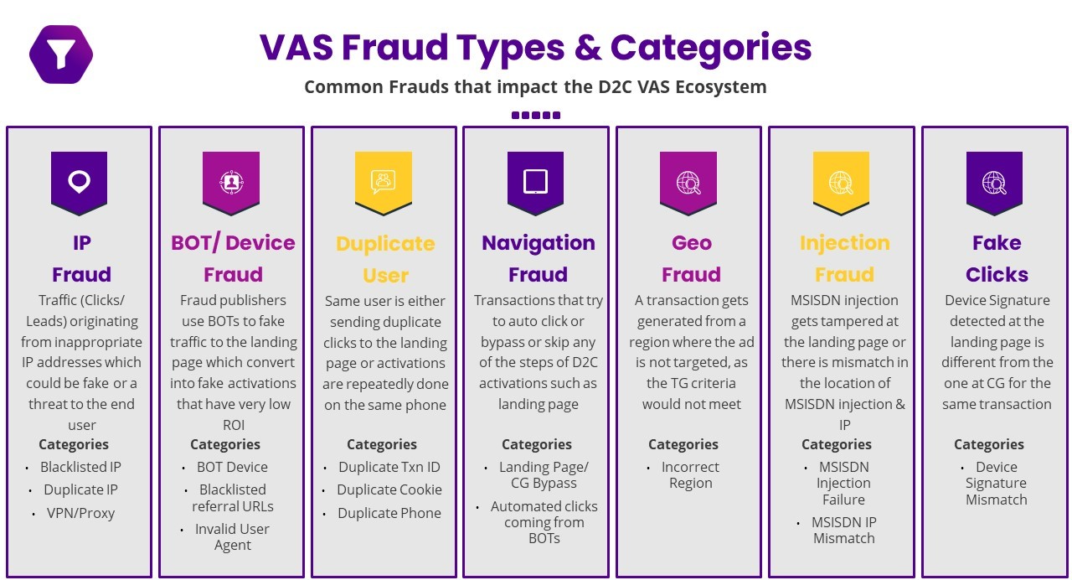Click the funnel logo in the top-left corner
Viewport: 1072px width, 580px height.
tap(60, 54)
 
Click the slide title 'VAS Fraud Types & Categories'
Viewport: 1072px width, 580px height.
tap(535, 48)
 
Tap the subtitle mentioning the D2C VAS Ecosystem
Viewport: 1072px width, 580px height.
tap(535, 86)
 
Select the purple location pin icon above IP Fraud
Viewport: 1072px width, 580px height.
tap(79, 180)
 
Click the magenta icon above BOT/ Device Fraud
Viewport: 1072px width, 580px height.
tap(231, 180)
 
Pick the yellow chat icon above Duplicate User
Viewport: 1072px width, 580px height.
tap(384, 180)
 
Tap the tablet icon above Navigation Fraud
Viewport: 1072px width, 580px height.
tap(535, 180)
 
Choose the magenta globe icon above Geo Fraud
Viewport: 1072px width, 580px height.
tap(688, 180)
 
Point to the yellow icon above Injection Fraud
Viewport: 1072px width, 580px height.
tap(841, 180)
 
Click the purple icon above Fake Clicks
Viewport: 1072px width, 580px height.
tap(994, 180)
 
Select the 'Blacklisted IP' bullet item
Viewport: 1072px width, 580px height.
tap(80, 467)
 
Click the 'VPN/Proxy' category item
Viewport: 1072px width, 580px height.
tap(80, 513)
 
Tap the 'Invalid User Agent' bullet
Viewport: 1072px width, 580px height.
tap(232, 537)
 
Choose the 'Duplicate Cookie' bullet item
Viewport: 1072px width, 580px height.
tap(389, 489)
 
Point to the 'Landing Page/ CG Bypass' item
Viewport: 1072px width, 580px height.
tap(544, 474)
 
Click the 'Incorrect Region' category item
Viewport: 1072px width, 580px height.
tap(690, 475)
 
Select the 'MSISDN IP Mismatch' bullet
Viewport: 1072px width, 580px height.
tap(843, 530)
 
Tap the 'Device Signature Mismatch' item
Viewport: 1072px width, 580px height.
tap(996, 483)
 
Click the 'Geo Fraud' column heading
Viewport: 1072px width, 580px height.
tap(691, 258)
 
